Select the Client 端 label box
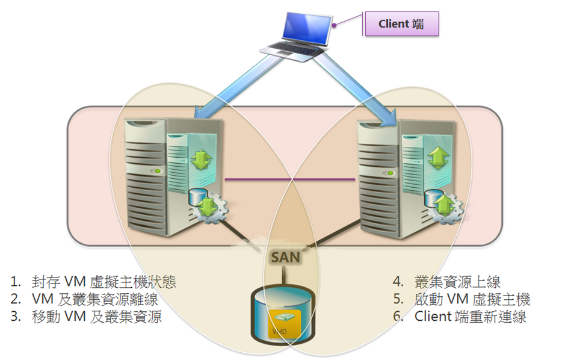(x=402, y=24)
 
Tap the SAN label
(x=285, y=256)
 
